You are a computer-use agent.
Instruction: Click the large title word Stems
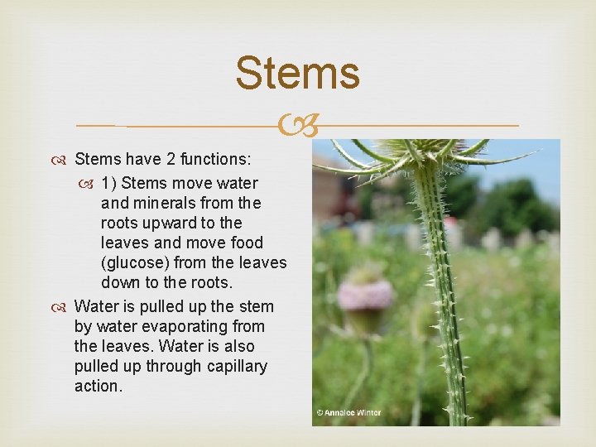click(297, 73)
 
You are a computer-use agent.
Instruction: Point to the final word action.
click(98, 386)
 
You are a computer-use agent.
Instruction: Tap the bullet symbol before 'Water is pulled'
click(64, 307)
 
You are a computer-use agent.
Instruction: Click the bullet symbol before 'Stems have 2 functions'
click(64, 159)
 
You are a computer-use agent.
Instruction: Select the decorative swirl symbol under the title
click(297, 127)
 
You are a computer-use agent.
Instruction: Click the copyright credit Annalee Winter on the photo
click(348, 411)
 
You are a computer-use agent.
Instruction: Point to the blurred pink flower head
click(367, 295)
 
